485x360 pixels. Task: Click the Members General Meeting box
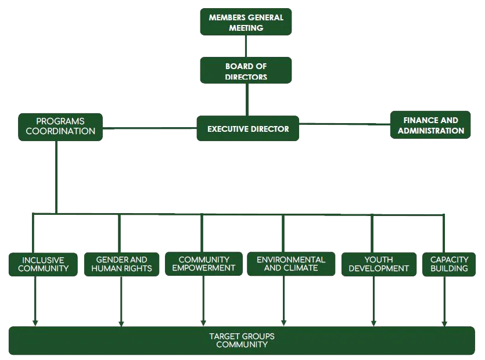point(246,22)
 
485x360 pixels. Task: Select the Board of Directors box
point(246,71)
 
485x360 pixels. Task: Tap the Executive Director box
point(248,129)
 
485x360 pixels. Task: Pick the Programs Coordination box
point(60,127)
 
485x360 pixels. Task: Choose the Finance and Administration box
point(430,125)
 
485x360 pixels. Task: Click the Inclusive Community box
point(43,264)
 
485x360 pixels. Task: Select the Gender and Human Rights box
point(121,264)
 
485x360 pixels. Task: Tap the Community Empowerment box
point(203,264)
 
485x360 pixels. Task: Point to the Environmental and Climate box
point(291,264)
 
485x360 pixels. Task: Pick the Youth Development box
point(379,264)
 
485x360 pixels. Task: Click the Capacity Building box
point(449,264)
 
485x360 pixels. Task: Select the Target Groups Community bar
point(242,340)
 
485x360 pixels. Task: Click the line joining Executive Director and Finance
point(344,123)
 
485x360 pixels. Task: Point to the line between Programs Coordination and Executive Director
point(150,128)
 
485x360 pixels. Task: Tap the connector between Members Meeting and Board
point(246,46)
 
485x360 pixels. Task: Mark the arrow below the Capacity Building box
point(444,302)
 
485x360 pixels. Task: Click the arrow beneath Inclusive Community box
point(35,302)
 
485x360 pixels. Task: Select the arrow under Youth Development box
point(373,302)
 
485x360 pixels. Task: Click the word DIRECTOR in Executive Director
point(269,129)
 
